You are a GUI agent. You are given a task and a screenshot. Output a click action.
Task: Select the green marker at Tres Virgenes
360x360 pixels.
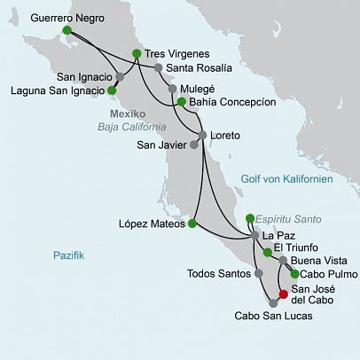pyautogui.click(x=136, y=53)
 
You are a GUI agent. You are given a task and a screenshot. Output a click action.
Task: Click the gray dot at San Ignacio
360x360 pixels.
pyautogui.click(x=121, y=76)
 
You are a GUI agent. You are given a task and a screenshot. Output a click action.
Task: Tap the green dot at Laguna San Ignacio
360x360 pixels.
pyautogui.click(x=112, y=90)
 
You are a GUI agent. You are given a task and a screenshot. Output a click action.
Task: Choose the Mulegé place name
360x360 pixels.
pyautogui.click(x=198, y=90)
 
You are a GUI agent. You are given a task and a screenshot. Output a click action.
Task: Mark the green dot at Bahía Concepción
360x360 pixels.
pyautogui.click(x=181, y=102)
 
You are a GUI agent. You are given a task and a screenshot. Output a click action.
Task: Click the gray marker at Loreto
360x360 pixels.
pyautogui.click(x=203, y=135)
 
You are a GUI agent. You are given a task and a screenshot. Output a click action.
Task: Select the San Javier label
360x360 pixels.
pyautogui.click(x=164, y=146)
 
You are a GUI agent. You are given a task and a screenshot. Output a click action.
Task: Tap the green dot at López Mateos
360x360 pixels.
pyautogui.click(x=193, y=223)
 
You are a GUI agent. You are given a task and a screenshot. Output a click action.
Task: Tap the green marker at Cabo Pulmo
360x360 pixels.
pyautogui.click(x=294, y=274)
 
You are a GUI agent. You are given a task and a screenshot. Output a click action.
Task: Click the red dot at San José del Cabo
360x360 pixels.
pyautogui.click(x=283, y=294)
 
